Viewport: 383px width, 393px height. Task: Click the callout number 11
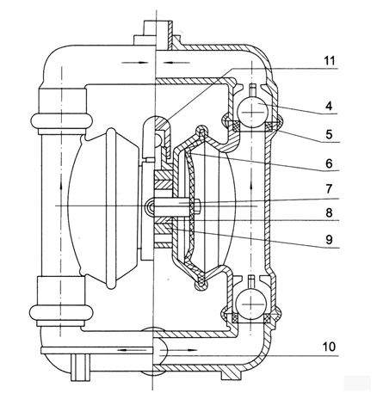point(330,61)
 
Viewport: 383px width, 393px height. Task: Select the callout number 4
point(329,106)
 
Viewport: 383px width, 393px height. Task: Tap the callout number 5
point(329,134)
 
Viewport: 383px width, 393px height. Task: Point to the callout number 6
point(329,163)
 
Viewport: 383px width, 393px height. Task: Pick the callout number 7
point(329,189)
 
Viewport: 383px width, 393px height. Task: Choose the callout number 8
point(329,213)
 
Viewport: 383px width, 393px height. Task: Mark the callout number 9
point(329,239)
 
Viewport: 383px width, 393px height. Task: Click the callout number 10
point(329,347)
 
